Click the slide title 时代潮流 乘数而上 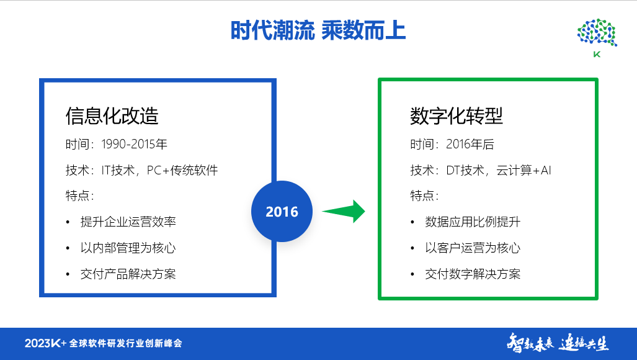tap(318, 30)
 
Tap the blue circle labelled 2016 tap(282, 212)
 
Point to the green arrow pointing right tap(344, 211)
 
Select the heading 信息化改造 tap(112, 115)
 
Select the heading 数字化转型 tap(456, 115)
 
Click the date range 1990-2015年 tap(133, 145)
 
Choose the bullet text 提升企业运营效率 tap(128, 222)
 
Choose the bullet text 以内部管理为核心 tap(128, 248)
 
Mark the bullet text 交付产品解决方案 tap(128, 274)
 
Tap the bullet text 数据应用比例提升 tap(473, 222)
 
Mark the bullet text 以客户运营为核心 tap(473, 248)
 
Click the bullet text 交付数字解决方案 tap(473, 274)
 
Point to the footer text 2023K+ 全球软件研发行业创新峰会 tap(103, 343)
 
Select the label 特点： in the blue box tap(79, 196)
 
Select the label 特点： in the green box tap(424, 196)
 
